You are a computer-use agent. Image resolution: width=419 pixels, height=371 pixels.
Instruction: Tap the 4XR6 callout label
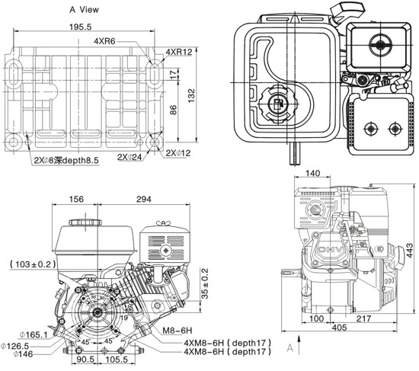107,41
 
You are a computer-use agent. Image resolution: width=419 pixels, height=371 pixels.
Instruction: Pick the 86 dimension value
174,110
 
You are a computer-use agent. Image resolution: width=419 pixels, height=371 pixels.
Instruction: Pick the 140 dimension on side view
312,174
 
